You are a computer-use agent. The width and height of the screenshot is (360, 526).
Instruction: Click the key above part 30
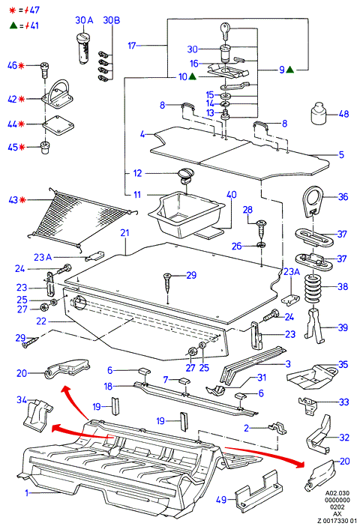click(x=225, y=31)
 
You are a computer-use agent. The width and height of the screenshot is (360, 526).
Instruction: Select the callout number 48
click(x=343, y=114)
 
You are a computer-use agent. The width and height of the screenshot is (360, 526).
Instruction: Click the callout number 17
click(x=132, y=45)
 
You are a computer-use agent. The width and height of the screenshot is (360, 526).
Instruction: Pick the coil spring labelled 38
click(x=313, y=288)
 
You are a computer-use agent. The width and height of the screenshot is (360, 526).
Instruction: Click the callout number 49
click(x=221, y=500)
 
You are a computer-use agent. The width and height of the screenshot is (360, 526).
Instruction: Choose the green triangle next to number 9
click(x=290, y=70)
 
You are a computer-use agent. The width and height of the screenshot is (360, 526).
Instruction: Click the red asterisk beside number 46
click(x=21, y=65)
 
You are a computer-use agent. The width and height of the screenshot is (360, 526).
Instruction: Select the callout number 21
click(x=124, y=232)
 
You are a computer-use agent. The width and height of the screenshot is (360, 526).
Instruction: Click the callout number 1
click(x=26, y=493)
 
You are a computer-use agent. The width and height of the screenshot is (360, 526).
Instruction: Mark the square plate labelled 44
click(x=58, y=126)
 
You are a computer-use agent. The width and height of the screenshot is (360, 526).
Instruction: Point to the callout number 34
click(x=22, y=399)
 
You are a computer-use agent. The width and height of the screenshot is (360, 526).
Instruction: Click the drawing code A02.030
click(x=337, y=493)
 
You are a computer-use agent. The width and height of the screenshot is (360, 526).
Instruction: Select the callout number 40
click(x=232, y=195)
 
